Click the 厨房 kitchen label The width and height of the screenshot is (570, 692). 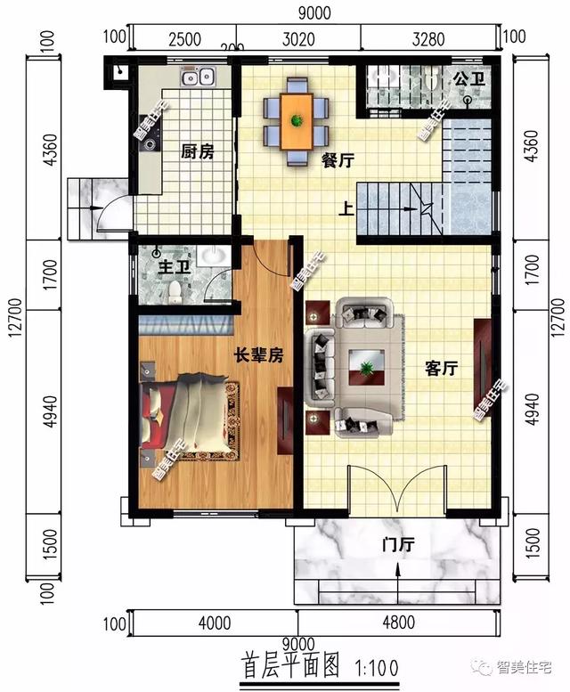[198, 152]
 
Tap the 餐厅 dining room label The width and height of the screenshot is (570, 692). [338, 160]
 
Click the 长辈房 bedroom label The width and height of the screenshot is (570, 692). [258, 355]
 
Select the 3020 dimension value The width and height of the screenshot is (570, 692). [299, 38]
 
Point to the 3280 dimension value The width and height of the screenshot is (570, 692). [428, 38]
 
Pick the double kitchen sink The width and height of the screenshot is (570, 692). [197, 78]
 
